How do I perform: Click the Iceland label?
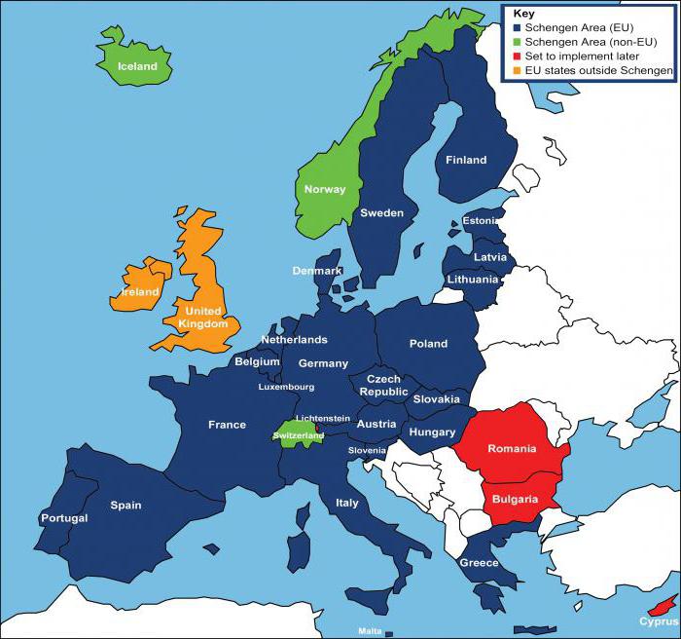pos(137,66)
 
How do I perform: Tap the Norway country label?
pos(324,189)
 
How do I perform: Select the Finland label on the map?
pos(465,160)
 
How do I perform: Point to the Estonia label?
pos(480,221)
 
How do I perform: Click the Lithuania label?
pos(473,279)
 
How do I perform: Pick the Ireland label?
pos(140,291)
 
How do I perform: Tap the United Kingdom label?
pos(205,318)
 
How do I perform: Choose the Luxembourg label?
pos(286,387)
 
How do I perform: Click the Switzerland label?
pos(299,435)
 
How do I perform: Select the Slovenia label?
pos(368,450)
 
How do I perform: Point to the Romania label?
pos(513,449)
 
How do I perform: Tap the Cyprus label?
pos(658,620)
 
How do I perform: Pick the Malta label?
pos(370,631)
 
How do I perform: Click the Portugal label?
pos(64,518)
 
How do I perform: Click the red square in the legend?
pos(516,56)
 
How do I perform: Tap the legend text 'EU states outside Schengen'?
pos(597,71)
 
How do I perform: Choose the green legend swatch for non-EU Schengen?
pos(516,43)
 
